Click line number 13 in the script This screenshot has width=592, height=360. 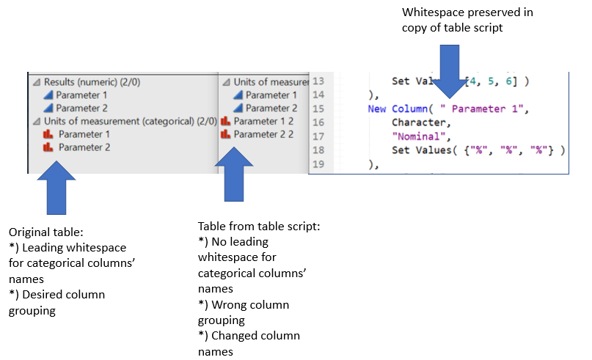click(x=318, y=81)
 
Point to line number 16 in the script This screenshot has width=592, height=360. click(x=318, y=121)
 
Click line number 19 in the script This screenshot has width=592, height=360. click(x=318, y=164)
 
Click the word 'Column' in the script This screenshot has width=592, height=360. click(x=409, y=109)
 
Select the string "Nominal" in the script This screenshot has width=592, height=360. click(x=414, y=136)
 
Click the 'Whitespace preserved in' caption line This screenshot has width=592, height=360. click(x=467, y=12)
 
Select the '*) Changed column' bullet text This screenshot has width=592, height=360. click(x=249, y=335)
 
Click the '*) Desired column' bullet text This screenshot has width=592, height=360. click(x=56, y=294)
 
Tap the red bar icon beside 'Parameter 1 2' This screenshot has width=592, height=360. click(x=226, y=121)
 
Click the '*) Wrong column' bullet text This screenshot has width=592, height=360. click(x=244, y=304)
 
